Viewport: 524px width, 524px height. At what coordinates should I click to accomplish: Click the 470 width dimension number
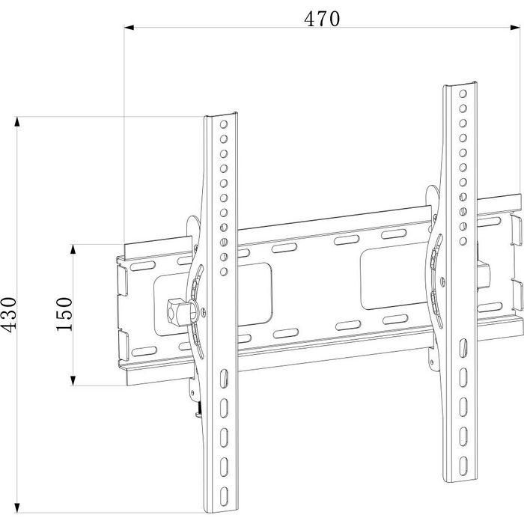(322, 19)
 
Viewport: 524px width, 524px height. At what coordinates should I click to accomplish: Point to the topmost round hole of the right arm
(463, 95)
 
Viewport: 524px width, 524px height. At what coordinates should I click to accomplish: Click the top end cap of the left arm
(222, 115)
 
